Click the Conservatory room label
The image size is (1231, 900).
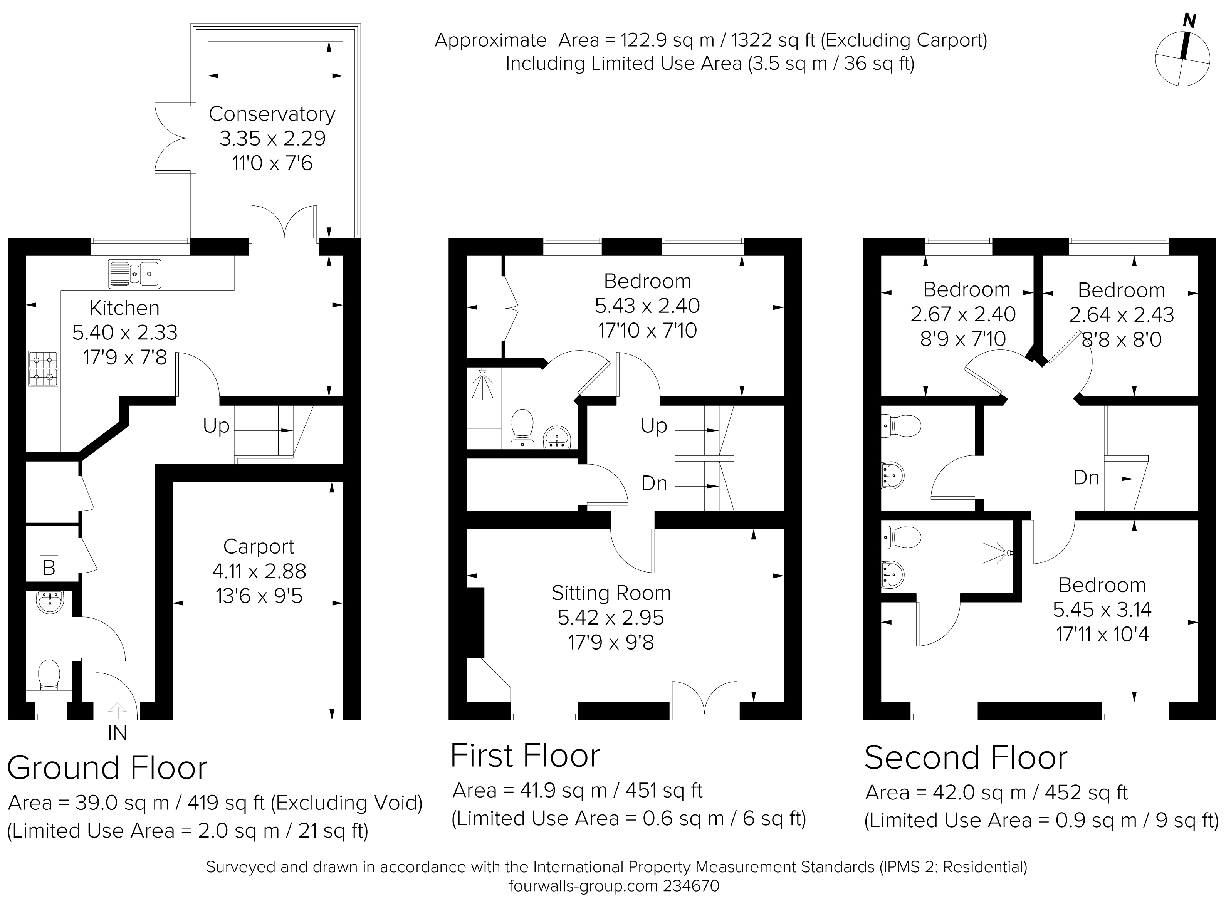pos(272,114)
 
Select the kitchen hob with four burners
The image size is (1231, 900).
pos(43,369)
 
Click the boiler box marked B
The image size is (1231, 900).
pos(49,568)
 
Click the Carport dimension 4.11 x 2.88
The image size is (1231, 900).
pos(259,571)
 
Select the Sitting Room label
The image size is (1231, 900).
pos(611,593)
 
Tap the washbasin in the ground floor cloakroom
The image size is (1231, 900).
pos(50,602)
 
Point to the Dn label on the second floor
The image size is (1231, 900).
pos(1086,478)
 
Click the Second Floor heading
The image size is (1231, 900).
pos(966,757)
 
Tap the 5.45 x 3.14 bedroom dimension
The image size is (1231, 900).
pos(1102,610)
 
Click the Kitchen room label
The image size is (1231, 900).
pos(125,308)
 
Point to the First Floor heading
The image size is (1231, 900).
pos(525,756)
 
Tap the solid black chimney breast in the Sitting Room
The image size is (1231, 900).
pos(475,623)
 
